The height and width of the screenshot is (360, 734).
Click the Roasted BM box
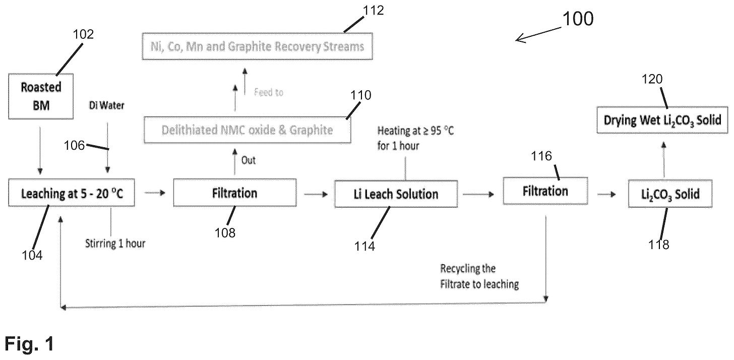(x=41, y=96)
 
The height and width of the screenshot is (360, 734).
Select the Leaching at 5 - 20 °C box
(x=72, y=193)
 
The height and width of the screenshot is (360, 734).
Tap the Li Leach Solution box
(x=396, y=194)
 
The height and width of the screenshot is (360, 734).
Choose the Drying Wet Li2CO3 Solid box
(x=662, y=120)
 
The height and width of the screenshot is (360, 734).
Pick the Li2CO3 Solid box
(x=670, y=194)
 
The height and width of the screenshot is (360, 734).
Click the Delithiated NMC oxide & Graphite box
(x=248, y=130)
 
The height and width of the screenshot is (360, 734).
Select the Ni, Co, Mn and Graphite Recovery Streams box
(x=257, y=46)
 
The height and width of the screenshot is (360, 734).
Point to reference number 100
(x=578, y=19)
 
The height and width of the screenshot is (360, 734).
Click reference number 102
(x=83, y=34)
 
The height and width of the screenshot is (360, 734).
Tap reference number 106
(x=75, y=145)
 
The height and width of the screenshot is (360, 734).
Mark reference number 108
(x=225, y=233)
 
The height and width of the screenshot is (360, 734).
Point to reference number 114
(x=364, y=246)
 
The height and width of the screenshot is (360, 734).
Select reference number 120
(x=652, y=79)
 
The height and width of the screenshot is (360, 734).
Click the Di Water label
(x=106, y=105)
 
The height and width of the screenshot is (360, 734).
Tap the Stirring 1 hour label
(x=115, y=244)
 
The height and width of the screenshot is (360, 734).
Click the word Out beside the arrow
(x=249, y=160)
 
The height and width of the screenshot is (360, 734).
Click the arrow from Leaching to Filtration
(x=155, y=193)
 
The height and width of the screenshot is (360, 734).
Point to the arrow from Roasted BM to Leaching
(x=40, y=150)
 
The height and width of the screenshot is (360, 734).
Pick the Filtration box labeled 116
(x=545, y=191)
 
